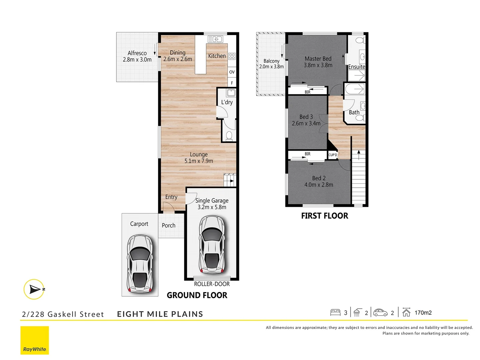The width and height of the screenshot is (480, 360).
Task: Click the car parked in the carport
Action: click(140, 264)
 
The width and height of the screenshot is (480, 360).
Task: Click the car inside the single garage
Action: click(212, 244)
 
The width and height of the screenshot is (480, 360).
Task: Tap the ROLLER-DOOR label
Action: click(212, 284)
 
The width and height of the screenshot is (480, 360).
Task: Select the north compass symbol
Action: click(34, 289)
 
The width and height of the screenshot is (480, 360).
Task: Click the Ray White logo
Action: click(35, 340)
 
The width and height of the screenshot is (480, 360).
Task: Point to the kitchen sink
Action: click(215, 39)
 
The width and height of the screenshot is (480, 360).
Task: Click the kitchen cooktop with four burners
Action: click(232, 56)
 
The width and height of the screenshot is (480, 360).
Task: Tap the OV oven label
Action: click(232, 72)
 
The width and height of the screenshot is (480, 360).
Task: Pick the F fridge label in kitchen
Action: click(232, 83)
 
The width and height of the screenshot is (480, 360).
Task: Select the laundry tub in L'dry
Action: click(231, 92)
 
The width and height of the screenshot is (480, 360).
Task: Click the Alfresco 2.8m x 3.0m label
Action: click(137, 56)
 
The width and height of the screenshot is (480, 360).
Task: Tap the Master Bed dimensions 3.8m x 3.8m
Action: click(318, 65)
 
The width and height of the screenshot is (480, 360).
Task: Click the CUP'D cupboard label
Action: click(333, 155)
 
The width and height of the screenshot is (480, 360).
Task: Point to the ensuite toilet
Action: click(360, 41)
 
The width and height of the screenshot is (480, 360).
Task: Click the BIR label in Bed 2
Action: click(307, 154)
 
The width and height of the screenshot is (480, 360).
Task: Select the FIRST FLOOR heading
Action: click(325, 216)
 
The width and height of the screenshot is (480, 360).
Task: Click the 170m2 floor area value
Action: click(423, 313)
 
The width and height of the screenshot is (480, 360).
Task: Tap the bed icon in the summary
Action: click(335, 313)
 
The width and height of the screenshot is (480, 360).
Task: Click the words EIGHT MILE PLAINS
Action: click(160, 314)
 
